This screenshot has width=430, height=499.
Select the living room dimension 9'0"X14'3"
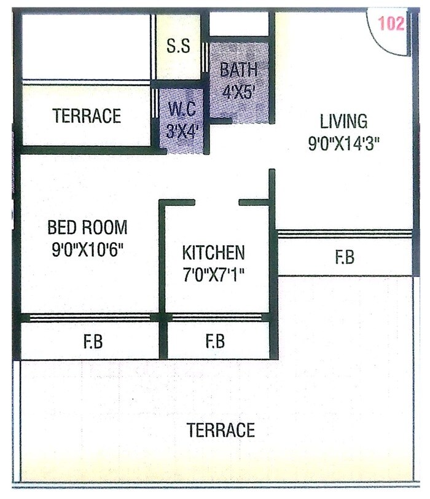(345, 144)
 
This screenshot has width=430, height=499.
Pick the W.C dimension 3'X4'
(181, 132)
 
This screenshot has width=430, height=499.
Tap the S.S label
(179, 47)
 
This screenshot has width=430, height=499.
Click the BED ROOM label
(88, 228)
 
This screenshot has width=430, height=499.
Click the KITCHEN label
(213, 252)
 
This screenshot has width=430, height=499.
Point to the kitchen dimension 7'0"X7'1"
(214, 274)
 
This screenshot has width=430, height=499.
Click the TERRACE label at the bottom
(221, 430)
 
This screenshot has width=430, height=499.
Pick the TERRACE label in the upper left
(87, 116)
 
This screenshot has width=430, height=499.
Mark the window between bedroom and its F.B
(90, 318)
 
